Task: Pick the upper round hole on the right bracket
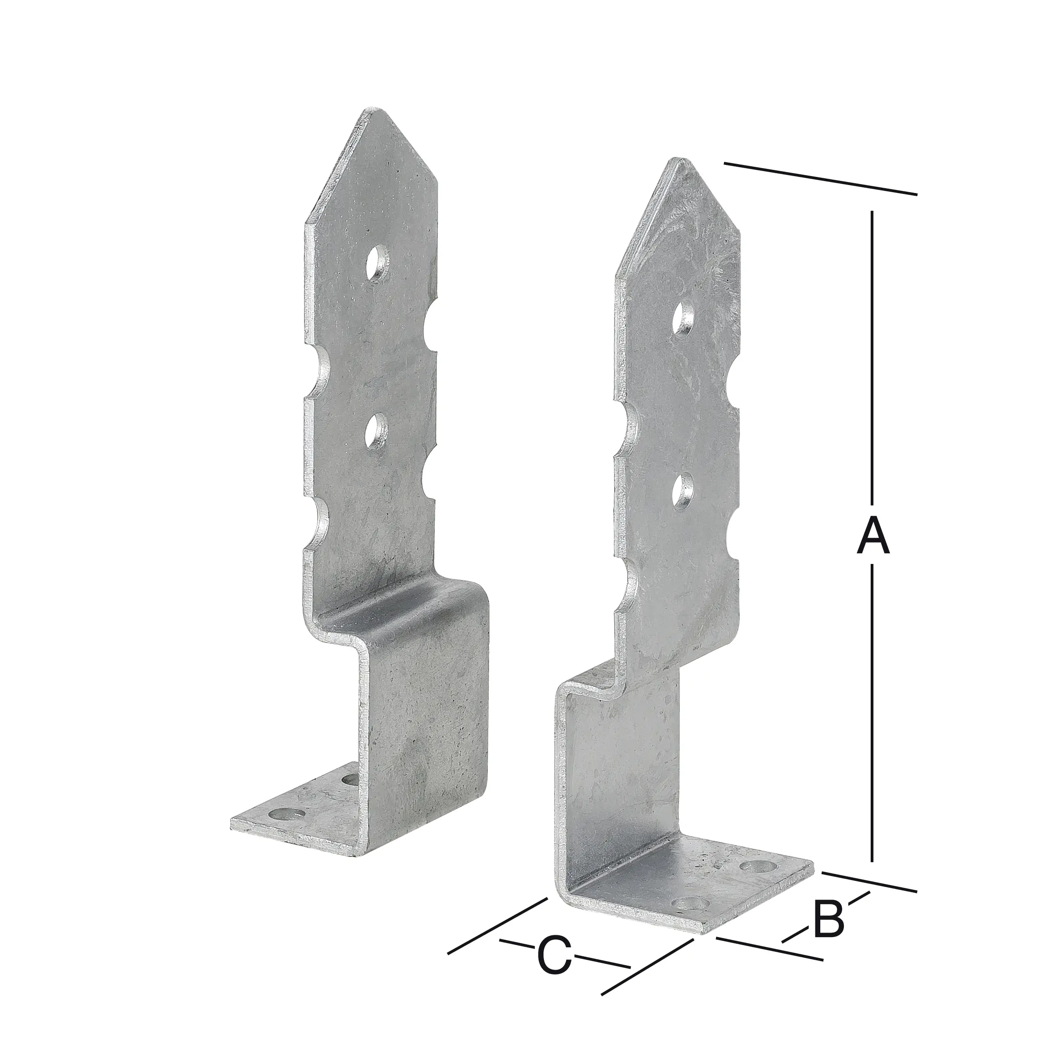pyautogui.click(x=683, y=319)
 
